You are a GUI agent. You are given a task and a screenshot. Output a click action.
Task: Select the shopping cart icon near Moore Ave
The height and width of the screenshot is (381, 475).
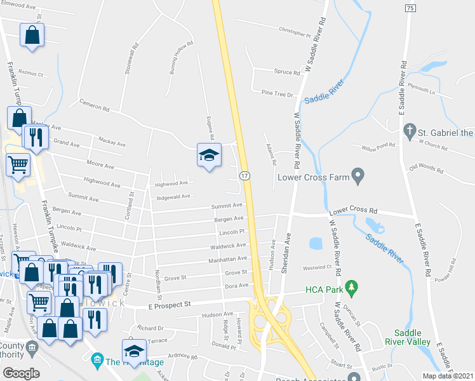18,164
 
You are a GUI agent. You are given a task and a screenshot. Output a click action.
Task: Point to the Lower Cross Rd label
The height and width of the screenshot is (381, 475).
352,211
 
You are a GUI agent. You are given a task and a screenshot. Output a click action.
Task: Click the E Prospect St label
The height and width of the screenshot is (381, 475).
169,305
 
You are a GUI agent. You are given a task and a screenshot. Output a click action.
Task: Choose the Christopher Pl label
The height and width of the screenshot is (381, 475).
294,30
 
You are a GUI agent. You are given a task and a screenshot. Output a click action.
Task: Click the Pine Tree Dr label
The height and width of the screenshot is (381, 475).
277,93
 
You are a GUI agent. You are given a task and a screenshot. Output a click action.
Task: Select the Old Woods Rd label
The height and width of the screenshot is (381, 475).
426,167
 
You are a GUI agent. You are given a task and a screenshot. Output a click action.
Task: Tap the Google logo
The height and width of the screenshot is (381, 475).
21,373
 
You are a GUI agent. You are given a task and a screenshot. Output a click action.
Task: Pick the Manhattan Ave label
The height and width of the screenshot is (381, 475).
227,259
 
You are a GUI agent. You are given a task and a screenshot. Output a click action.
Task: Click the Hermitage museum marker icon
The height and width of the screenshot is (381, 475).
97,362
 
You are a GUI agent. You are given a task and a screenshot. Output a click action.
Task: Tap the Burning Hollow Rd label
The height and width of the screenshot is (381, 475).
181,59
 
